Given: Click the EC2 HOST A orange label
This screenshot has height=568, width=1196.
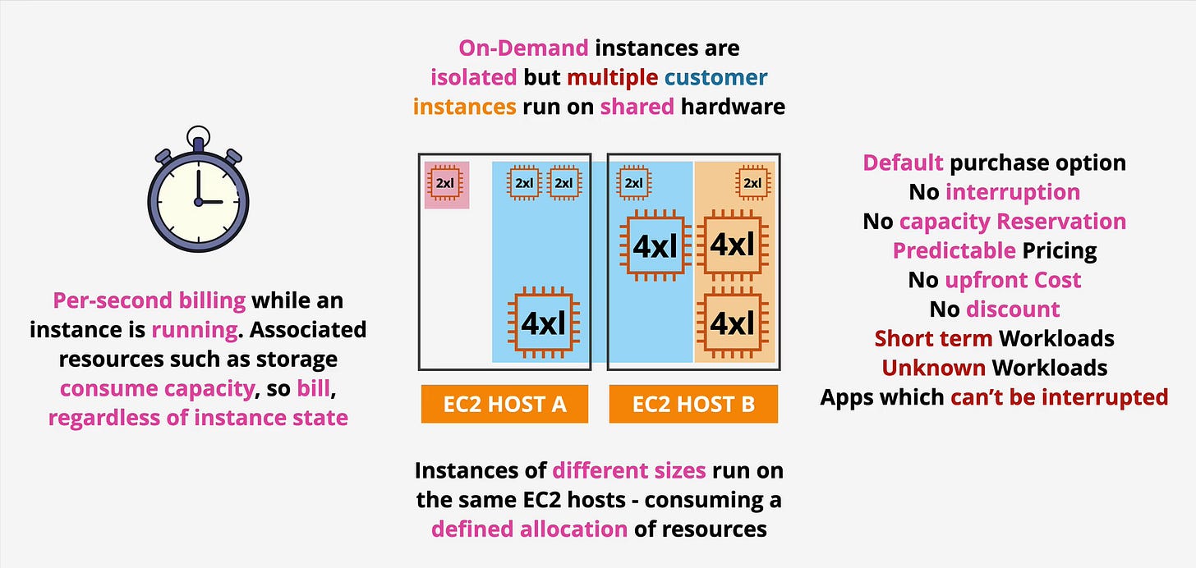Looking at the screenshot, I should (504, 405).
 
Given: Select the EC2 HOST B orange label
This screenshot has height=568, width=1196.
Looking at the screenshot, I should (693, 405).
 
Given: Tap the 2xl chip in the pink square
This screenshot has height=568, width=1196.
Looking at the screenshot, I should (444, 183).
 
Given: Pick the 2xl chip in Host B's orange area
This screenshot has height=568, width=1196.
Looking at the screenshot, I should (752, 183).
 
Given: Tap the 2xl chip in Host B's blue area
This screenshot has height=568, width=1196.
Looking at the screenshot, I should (633, 183).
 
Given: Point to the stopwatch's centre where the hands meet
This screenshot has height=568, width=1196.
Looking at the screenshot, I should (198, 201).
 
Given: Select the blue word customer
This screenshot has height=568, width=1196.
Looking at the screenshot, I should (715, 78).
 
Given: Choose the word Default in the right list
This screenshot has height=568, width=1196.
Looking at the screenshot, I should (902, 163).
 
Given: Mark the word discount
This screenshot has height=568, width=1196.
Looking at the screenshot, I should (1013, 309).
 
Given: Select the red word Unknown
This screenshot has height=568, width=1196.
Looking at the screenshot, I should (933, 367).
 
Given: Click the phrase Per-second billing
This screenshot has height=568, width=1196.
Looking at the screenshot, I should (149, 300).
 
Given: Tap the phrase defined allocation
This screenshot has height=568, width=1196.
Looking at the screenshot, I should (529, 529).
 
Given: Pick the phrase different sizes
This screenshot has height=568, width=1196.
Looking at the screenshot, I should (628, 470).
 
